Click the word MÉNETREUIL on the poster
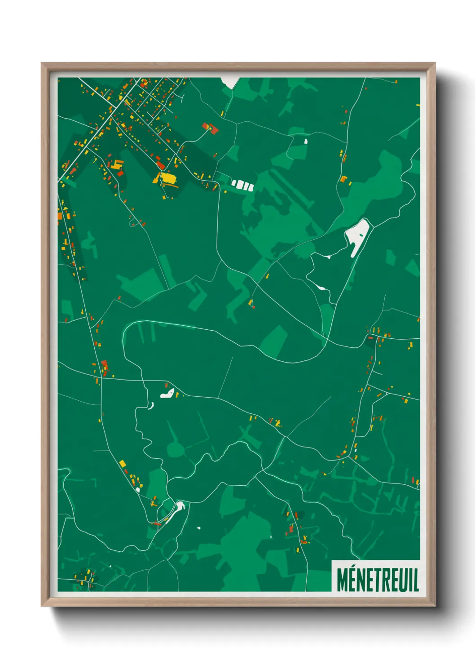coord(378,580)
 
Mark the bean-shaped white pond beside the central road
coord(167,395)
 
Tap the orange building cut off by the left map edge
coord(60,217)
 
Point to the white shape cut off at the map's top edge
coord(229,82)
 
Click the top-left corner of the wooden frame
coord(42,64)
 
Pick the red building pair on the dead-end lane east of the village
coord(211,129)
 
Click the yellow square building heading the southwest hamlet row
coord(122,463)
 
